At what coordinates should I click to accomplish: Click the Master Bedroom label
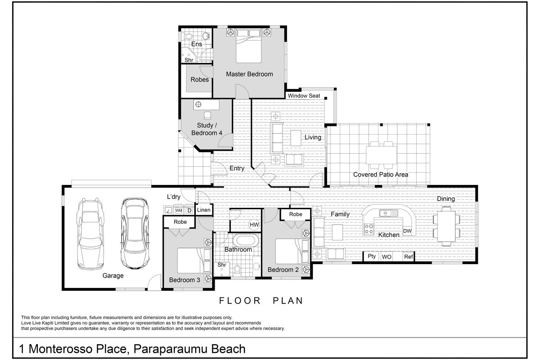click(x=249, y=74)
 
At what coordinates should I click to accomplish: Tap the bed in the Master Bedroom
click(x=249, y=46)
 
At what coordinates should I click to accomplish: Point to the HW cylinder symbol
click(x=254, y=225)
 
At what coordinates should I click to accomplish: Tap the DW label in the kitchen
click(x=407, y=231)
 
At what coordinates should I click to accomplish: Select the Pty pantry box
click(x=372, y=256)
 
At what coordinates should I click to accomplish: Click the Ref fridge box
click(x=408, y=256)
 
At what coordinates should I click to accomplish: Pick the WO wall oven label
click(x=387, y=257)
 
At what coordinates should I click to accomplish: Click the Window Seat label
click(x=304, y=96)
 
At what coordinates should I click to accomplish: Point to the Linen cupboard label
click(x=203, y=210)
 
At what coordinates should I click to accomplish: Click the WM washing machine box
click(x=179, y=210)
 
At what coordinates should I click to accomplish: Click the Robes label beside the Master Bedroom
click(x=200, y=80)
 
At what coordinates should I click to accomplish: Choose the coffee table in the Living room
click(x=296, y=137)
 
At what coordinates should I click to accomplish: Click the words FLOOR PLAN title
click(x=261, y=301)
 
